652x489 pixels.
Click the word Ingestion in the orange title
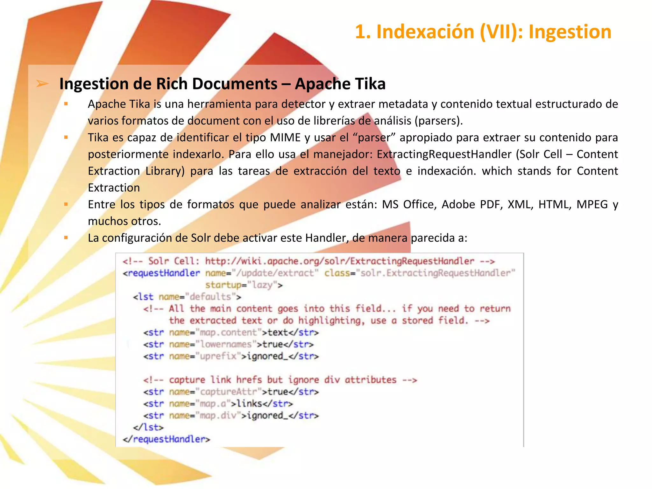pos(570,32)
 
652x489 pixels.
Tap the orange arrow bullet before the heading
pos(42,84)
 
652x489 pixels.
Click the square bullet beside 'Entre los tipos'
pos(66,204)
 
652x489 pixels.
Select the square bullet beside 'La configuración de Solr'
pos(66,237)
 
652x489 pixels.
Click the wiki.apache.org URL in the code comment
pos(339,261)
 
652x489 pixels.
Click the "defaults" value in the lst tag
pos(210,297)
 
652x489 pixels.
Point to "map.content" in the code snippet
pos(228,332)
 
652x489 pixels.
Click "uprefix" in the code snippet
pos(218,356)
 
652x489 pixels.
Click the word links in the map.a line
pos(249,403)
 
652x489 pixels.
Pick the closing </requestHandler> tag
pos(167,439)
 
